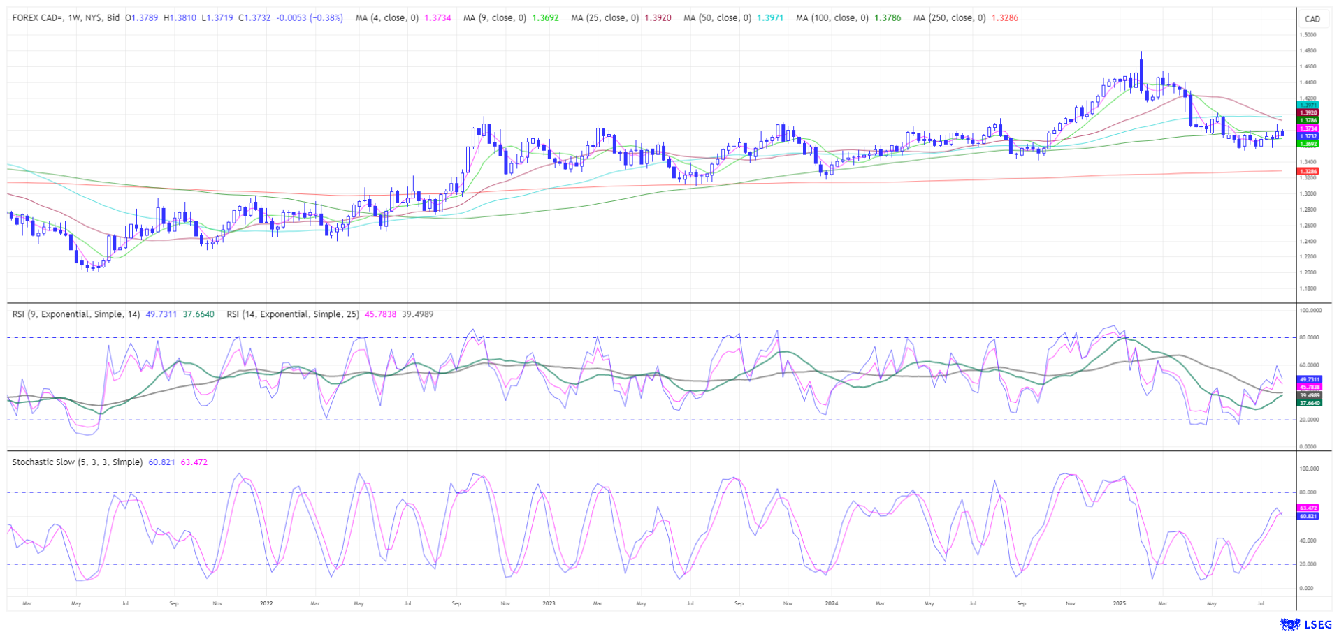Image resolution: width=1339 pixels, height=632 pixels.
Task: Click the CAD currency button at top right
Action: [x=1312, y=19]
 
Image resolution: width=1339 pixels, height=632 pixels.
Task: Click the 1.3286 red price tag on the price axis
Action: [x=1308, y=171]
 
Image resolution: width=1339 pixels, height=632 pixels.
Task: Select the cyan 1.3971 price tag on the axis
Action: [x=1308, y=105]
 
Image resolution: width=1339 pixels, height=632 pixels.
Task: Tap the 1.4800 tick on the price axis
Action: [x=1308, y=51]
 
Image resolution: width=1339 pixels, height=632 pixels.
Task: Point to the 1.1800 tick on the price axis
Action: [x=1308, y=288]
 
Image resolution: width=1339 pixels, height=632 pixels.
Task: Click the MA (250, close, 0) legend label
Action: [x=949, y=18]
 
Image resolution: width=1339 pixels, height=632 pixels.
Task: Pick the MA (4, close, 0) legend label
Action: [x=386, y=18]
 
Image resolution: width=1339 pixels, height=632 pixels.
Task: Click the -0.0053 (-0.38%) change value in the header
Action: [x=310, y=18]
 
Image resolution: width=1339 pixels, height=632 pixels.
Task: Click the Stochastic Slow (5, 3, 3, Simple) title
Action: [x=77, y=462]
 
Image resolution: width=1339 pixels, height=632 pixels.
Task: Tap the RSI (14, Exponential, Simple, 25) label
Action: [x=293, y=314]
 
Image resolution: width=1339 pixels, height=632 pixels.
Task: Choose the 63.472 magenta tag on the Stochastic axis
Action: [x=1308, y=508]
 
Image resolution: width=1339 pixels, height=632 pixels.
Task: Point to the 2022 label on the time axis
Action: [x=266, y=603]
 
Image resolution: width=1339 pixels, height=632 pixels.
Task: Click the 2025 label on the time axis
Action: [x=1119, y=603]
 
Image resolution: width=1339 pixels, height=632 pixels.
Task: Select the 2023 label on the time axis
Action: [x=549, y=603]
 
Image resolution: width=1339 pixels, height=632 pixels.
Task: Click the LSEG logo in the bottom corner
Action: [x=1305, y=624]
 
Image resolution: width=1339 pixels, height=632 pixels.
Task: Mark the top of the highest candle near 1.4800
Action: [x=1141, y=52]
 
